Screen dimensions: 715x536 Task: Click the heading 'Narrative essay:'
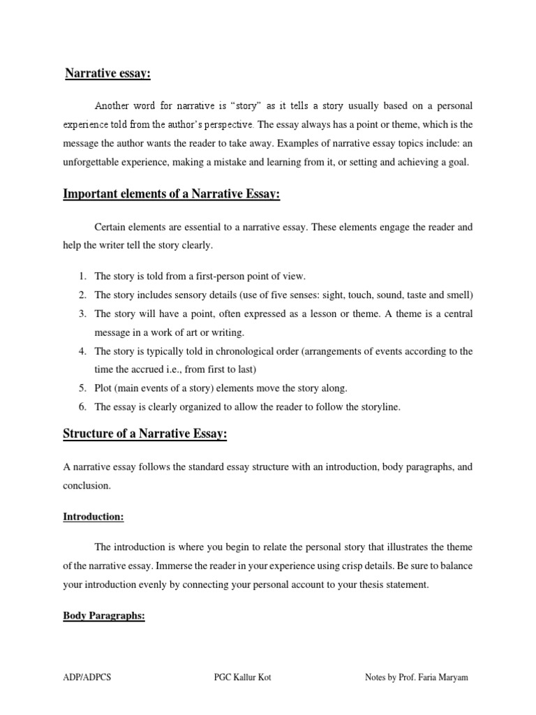108,73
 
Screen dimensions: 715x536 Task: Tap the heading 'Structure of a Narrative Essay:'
145,434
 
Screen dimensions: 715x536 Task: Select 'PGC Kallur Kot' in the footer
243,678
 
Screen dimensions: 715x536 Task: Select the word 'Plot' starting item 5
104,388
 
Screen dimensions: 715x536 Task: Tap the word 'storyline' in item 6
380,407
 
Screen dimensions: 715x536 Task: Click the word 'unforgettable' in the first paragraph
90,162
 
